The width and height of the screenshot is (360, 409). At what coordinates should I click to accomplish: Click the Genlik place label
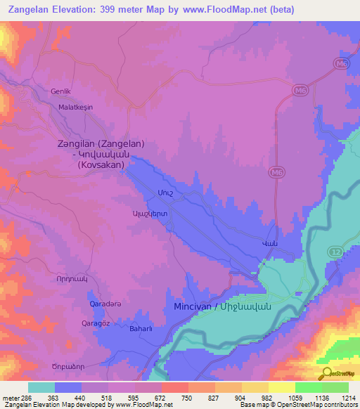tap(61, 91)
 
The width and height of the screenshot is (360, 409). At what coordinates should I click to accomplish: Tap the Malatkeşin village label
tap(76, 118)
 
